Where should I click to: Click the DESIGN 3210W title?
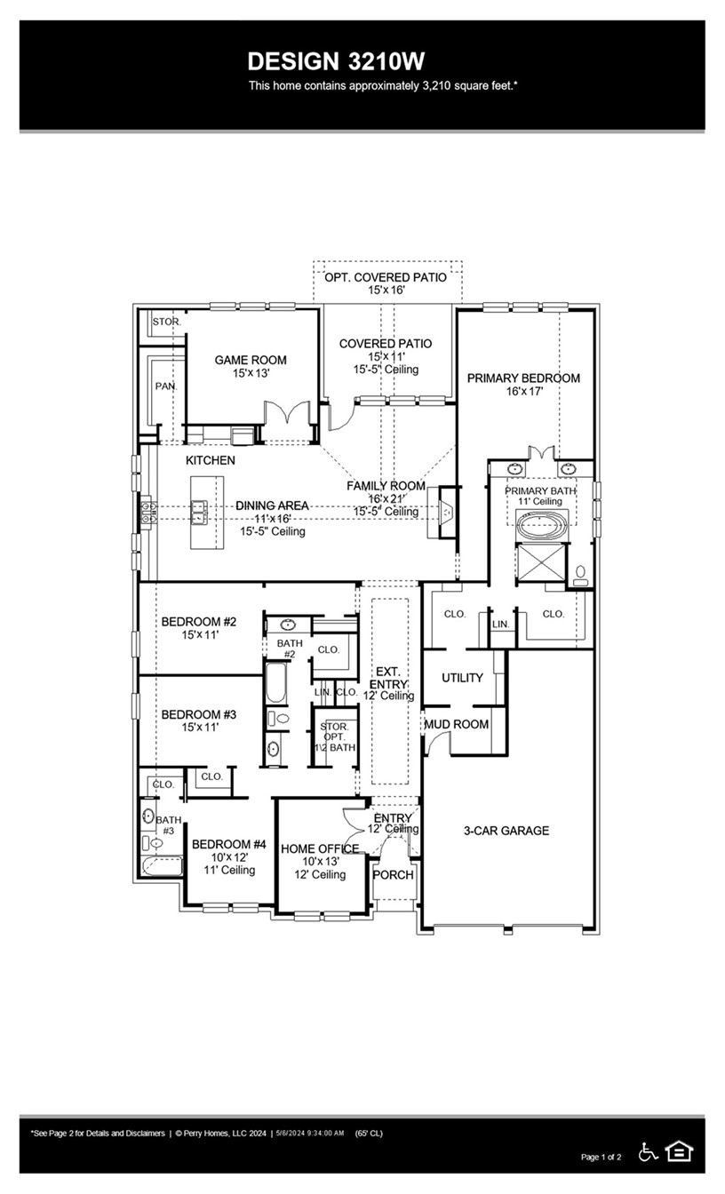(x=336, y=61)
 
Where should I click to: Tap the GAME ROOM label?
(x=251, y=360)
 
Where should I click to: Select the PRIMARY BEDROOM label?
(x=523, y=378)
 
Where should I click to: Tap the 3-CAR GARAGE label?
(x=506, y=831)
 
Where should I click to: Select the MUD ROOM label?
(x=456, y=724)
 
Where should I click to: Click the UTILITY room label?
(x=462, y=678)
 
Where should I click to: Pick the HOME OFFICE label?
(x=320, y=848)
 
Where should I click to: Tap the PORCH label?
(x=393, y=874)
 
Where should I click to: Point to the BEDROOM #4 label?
(x=228, y=844)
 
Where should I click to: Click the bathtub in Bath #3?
(x=162, y=866)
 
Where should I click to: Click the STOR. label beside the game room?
(x=166, y=322)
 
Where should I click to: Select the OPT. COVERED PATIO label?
(x=385, y=277)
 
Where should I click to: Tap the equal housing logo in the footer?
(x=679, y=1151)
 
